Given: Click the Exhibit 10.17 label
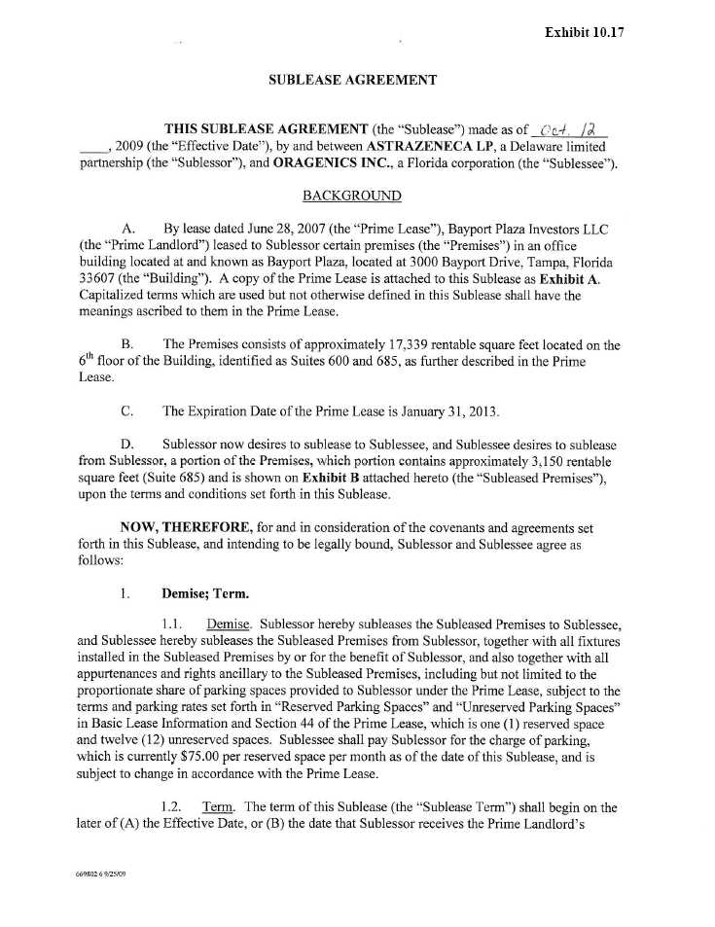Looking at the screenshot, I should [584, 31].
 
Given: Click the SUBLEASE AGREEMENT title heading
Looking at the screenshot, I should [352, 81].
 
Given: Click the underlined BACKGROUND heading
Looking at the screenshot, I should [351, 196].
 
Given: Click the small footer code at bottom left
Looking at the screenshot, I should [100, 874].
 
